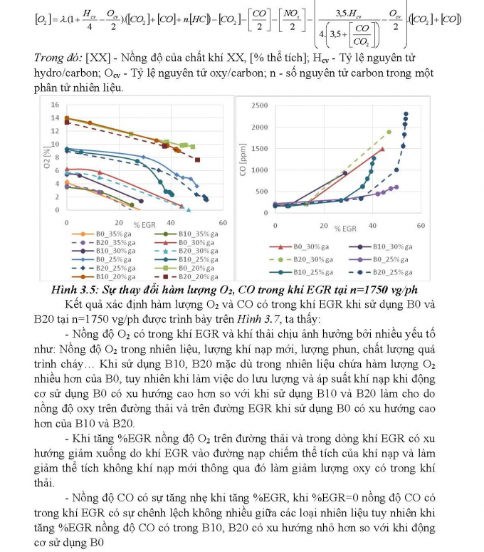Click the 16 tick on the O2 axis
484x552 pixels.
[x=55, y=105]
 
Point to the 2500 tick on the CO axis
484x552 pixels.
[x=260, y=105]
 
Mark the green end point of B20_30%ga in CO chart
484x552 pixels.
[x=389, y=132]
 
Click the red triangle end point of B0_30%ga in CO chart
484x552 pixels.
[x=382, y=149]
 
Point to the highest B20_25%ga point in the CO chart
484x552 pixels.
[x=406, y=114]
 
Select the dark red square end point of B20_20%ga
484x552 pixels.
[x=197, y=160]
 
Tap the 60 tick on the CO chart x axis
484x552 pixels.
[x=420, y=225]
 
